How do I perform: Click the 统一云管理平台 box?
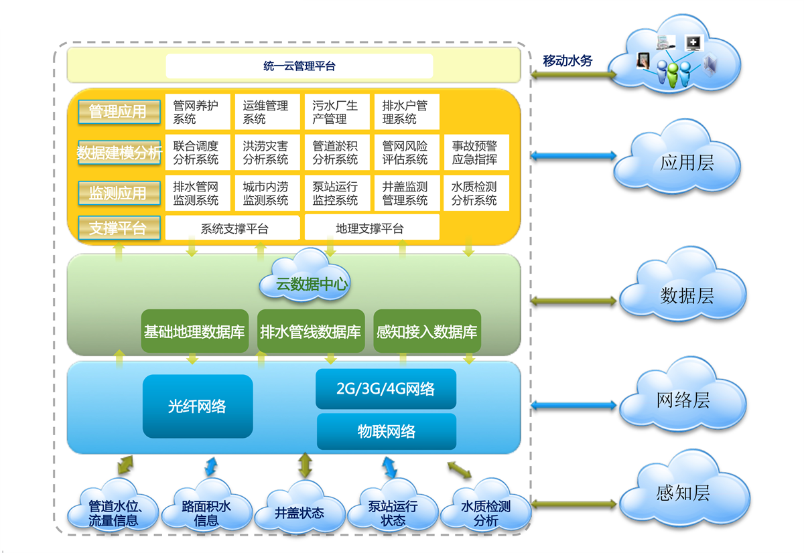pos(299,66)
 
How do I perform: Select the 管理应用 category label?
pos(119,112)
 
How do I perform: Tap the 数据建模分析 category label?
pos(119,153)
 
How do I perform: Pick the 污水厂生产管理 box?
pos(337,112)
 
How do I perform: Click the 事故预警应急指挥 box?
pos(476,152)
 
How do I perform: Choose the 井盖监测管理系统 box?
pos(407,193)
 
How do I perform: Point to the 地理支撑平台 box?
pos(372,228)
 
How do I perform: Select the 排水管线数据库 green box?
pos(311,331)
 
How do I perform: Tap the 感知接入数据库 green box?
pos(427,331)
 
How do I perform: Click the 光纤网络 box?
pos(198,406)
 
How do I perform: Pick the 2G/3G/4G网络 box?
pos(386,389)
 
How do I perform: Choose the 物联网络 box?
pos(387,431)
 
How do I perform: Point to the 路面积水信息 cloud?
pos(206,505)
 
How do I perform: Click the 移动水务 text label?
pos(567,61)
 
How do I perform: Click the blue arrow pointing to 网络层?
pos(574,405)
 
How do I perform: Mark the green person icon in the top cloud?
pos(673,74)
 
